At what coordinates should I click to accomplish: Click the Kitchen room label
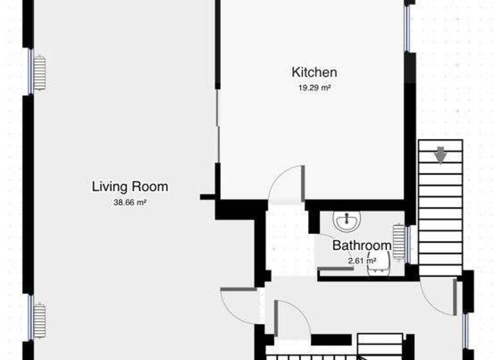click(x=314, y=72)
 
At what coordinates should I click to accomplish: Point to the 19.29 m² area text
click(x=314, y=88)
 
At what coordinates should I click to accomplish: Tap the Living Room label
click(x=130, y=187)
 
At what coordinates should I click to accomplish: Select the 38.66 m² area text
click(x=130, y=203)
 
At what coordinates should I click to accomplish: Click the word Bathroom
click(x=361, y=245)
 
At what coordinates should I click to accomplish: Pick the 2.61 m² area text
click(x=361, y=260)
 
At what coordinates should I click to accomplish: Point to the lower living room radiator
click(x=40, y=320)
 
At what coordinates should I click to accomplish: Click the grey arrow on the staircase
click(x=441, y=155)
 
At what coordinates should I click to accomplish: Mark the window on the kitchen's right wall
click(x=408, y=29)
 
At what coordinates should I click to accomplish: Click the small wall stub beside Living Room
click(x=207, y=197)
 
